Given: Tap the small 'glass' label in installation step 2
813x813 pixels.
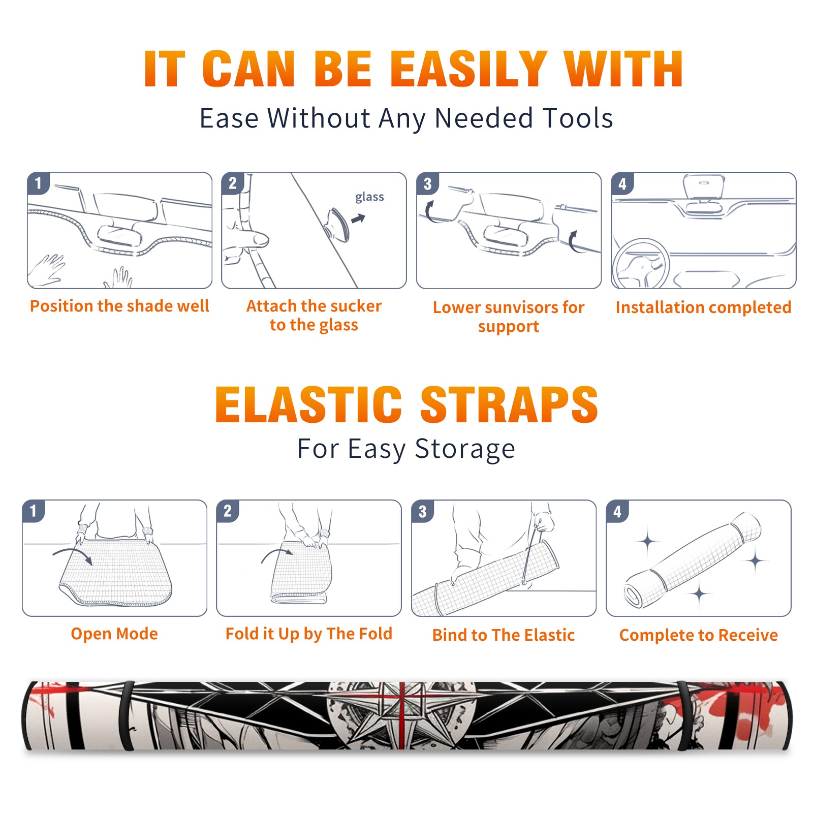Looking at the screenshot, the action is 369,197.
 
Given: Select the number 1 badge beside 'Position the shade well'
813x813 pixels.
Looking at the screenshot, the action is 39,183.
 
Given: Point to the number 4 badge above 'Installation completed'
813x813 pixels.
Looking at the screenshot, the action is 622,183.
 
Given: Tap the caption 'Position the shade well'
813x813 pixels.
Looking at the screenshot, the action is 119,306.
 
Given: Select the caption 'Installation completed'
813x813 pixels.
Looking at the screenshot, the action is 703,307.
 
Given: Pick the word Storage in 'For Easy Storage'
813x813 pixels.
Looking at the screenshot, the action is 465,449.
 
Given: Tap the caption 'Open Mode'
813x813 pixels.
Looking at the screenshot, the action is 114,634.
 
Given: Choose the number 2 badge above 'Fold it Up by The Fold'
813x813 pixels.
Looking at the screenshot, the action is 228,511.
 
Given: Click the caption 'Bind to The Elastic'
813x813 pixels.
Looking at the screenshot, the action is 504,635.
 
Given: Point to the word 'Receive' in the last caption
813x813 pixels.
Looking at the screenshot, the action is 748,635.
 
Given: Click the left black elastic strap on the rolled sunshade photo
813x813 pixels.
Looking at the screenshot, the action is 127,715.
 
